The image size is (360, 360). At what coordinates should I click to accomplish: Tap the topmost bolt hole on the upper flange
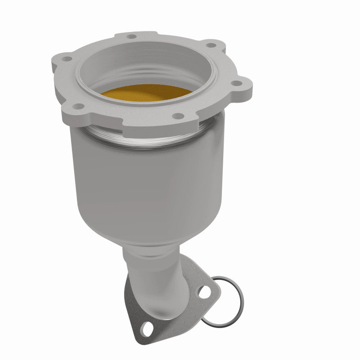(131, 36)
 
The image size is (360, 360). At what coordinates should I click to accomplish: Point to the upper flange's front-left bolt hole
(79, 106)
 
